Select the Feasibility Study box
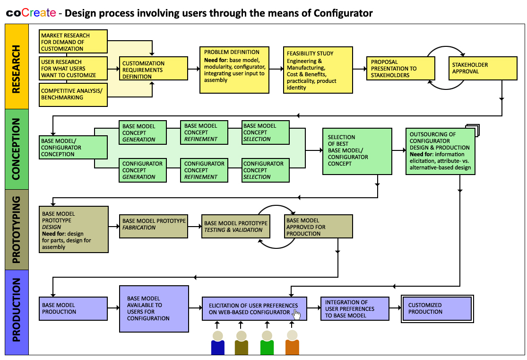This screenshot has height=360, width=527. point(318,70)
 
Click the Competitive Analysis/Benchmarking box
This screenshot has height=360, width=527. point(73,94)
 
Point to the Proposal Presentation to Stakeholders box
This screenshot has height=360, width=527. point(400,69)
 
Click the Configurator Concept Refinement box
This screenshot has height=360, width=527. point(204,170)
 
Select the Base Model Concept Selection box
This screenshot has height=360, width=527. point(265,132)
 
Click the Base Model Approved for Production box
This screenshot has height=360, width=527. point(318,227)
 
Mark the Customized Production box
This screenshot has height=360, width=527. point(436,309)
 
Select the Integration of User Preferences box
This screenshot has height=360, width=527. point(354,309)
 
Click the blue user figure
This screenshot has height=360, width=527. point(218,343)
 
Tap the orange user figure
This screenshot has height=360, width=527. point(292,343)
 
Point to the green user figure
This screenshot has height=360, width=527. point(267,343)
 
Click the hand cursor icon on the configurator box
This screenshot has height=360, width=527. point(297,315)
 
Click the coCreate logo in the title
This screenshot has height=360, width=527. point(31,13)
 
